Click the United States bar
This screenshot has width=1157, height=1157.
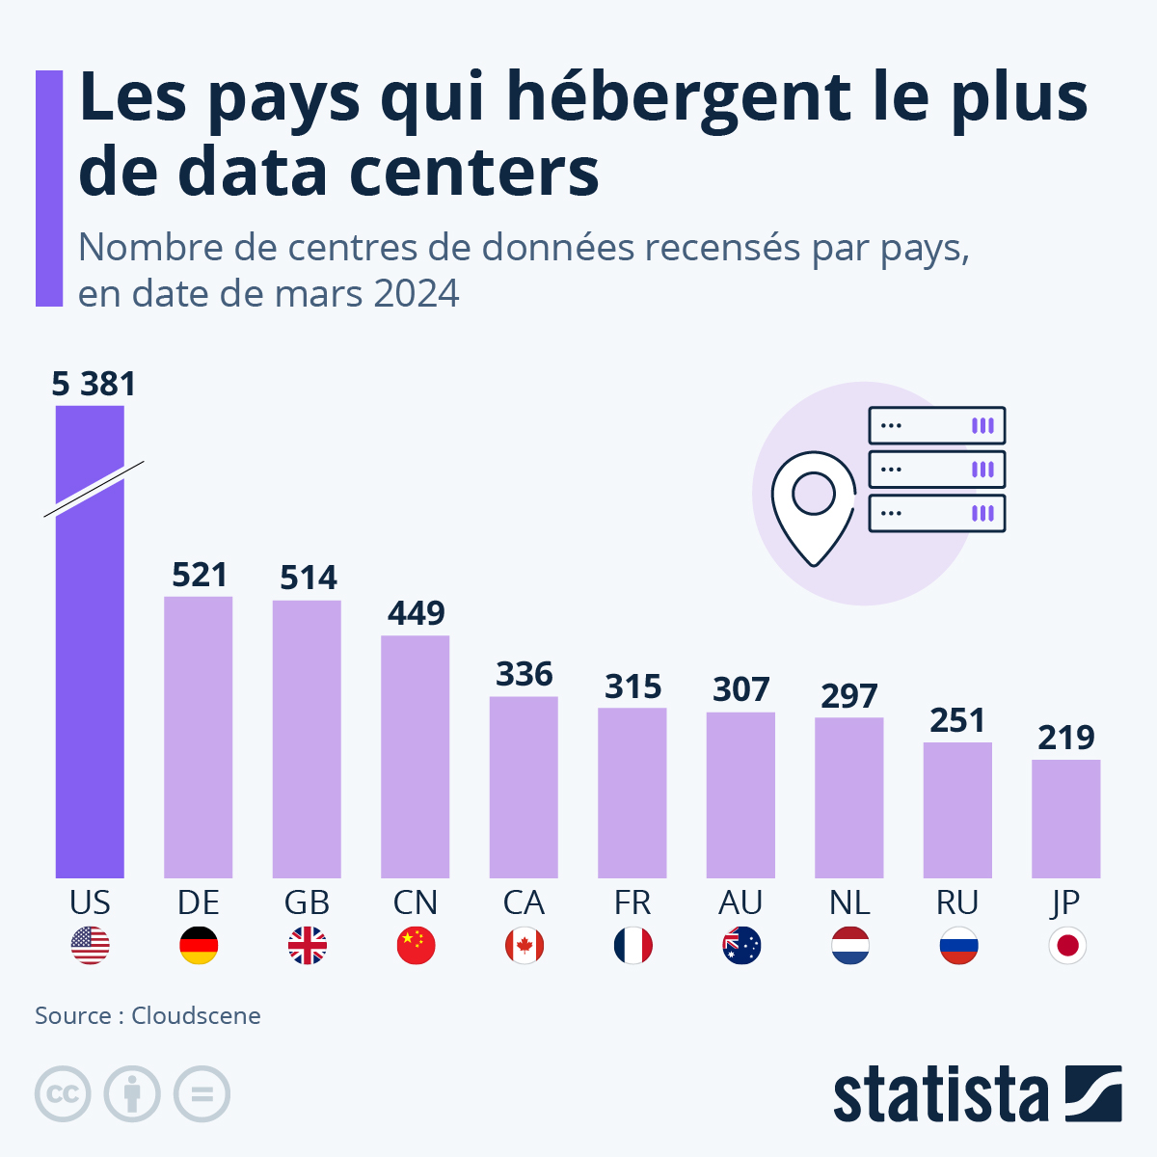(x=90, y=675)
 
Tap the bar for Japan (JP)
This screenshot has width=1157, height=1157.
(x=1065, y=819)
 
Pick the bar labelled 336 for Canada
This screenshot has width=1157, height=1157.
(x=524, y=787)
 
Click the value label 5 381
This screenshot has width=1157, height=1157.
(x=94, y=384)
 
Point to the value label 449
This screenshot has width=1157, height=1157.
(x=416, y=613)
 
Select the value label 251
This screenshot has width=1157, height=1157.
(x=957, y=720)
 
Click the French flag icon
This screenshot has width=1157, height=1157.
(x=632, y=946)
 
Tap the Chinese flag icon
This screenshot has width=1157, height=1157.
(x=416, y=946)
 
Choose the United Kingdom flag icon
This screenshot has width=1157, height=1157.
(x=307, y=946)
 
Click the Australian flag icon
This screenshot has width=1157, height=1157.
(x=740, y=946)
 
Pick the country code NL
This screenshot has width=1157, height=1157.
(x=849, y=902)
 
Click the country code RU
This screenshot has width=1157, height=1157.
(x=957, y=902)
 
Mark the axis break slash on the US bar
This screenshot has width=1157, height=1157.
(x=94, y=489)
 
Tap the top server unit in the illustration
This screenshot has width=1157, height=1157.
(x=936, y=425)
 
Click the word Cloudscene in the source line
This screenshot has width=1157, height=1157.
(x=196, y=1015)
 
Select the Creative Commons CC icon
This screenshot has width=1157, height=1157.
(x=63, y=1094)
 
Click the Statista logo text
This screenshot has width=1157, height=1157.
(x=940, y=1095)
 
